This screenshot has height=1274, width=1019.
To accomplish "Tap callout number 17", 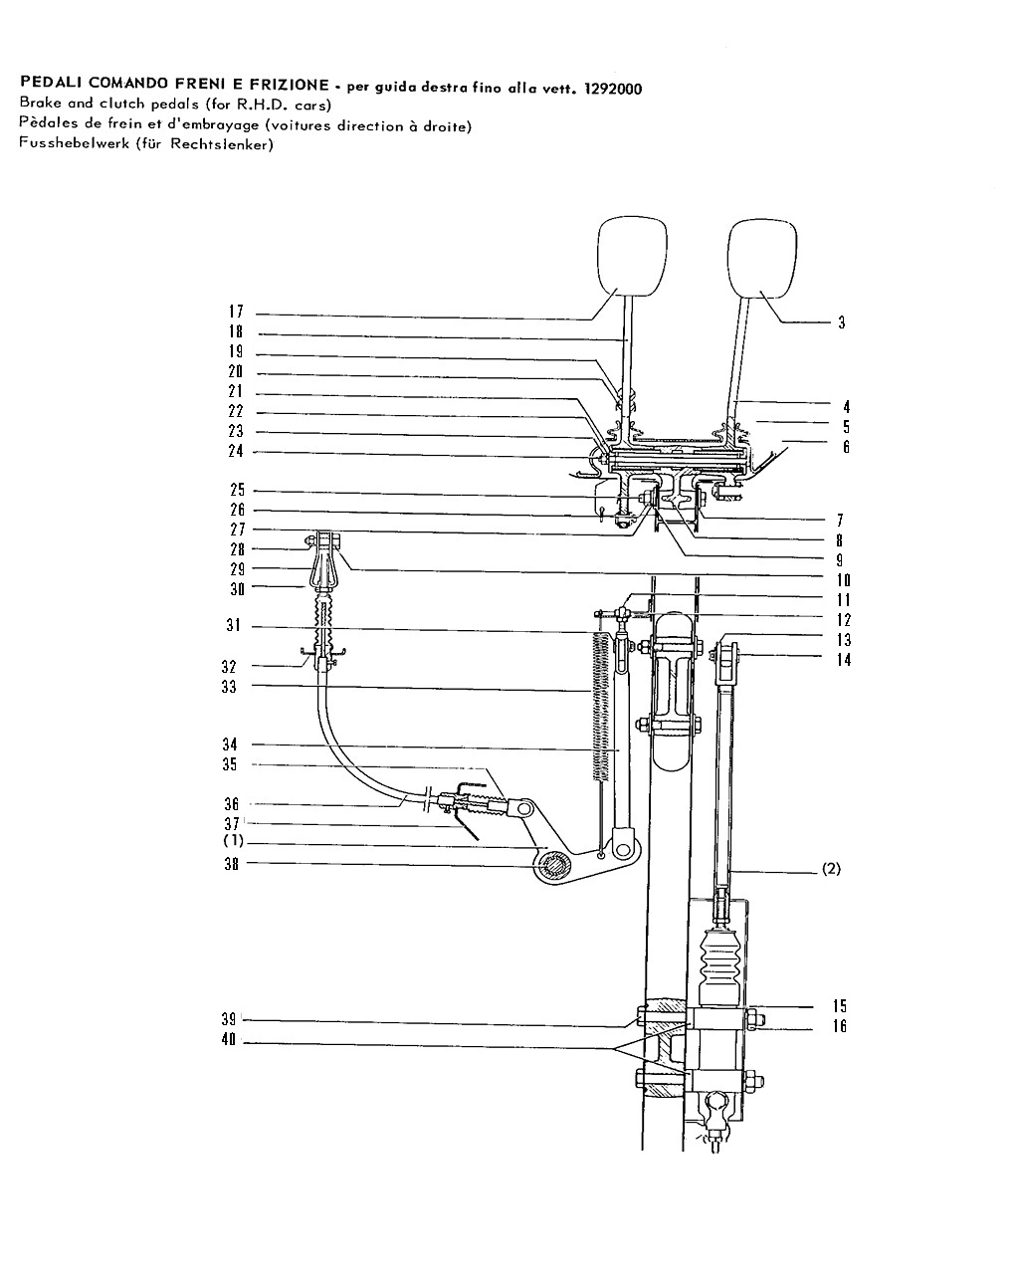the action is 236,312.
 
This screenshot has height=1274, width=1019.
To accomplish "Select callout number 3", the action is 841,322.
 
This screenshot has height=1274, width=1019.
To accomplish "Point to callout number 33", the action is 229,687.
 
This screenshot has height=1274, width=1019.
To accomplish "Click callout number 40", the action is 229,1039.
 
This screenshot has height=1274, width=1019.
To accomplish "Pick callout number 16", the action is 840,1026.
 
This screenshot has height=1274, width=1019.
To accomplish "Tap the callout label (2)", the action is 831,869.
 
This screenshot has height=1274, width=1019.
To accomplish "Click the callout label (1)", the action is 233,841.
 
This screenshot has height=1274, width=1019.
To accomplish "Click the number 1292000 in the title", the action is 613,89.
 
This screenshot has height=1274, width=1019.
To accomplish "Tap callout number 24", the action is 236,451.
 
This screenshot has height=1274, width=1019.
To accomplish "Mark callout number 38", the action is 231,864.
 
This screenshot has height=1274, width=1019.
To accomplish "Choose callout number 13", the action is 843,639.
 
